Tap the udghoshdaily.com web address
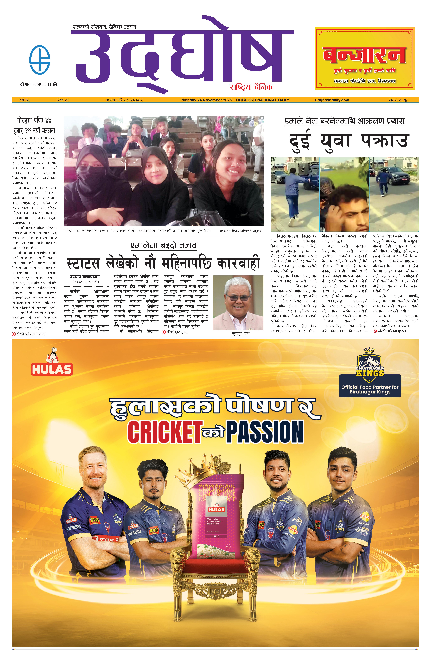coord(332,100)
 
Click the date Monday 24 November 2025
coord(206,100)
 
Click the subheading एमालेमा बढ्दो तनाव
coord(163,245)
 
